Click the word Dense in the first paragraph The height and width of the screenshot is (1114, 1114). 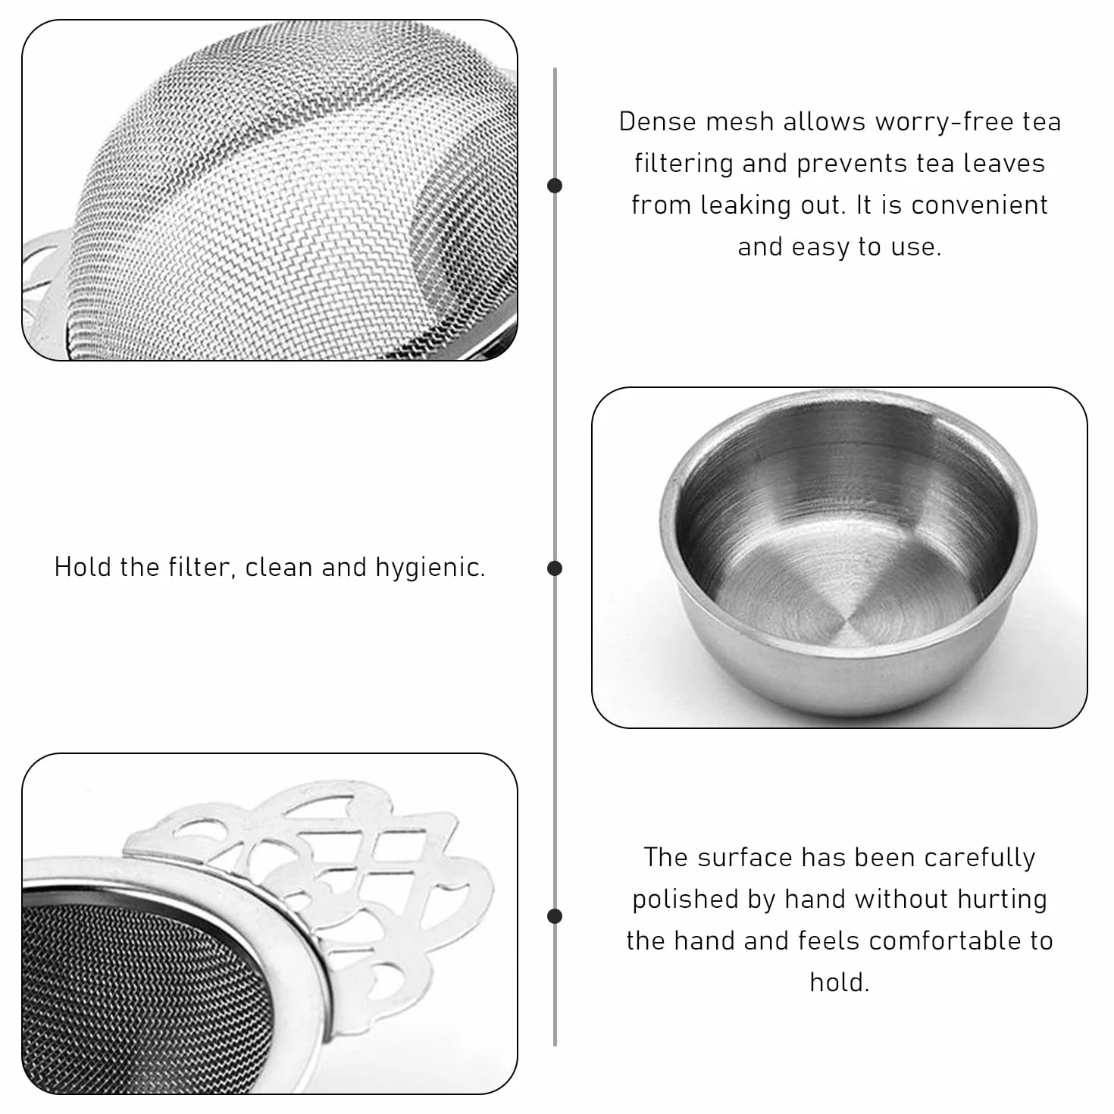(x=656, y=122)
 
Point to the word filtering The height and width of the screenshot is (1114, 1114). (x=683, y=164)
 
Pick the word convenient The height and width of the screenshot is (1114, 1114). (x=979, y=205)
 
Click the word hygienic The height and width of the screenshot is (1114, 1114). (x=430, y=568)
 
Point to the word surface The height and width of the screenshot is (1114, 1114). (x=743, y=858)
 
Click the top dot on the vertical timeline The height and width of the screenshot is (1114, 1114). (x=555, y=186)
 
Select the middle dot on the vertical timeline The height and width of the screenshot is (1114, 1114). (x=555, y=568)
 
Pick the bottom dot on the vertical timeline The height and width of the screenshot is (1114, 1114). (x=555, y=916)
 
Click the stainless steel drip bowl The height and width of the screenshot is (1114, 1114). (x=847, y=553)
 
